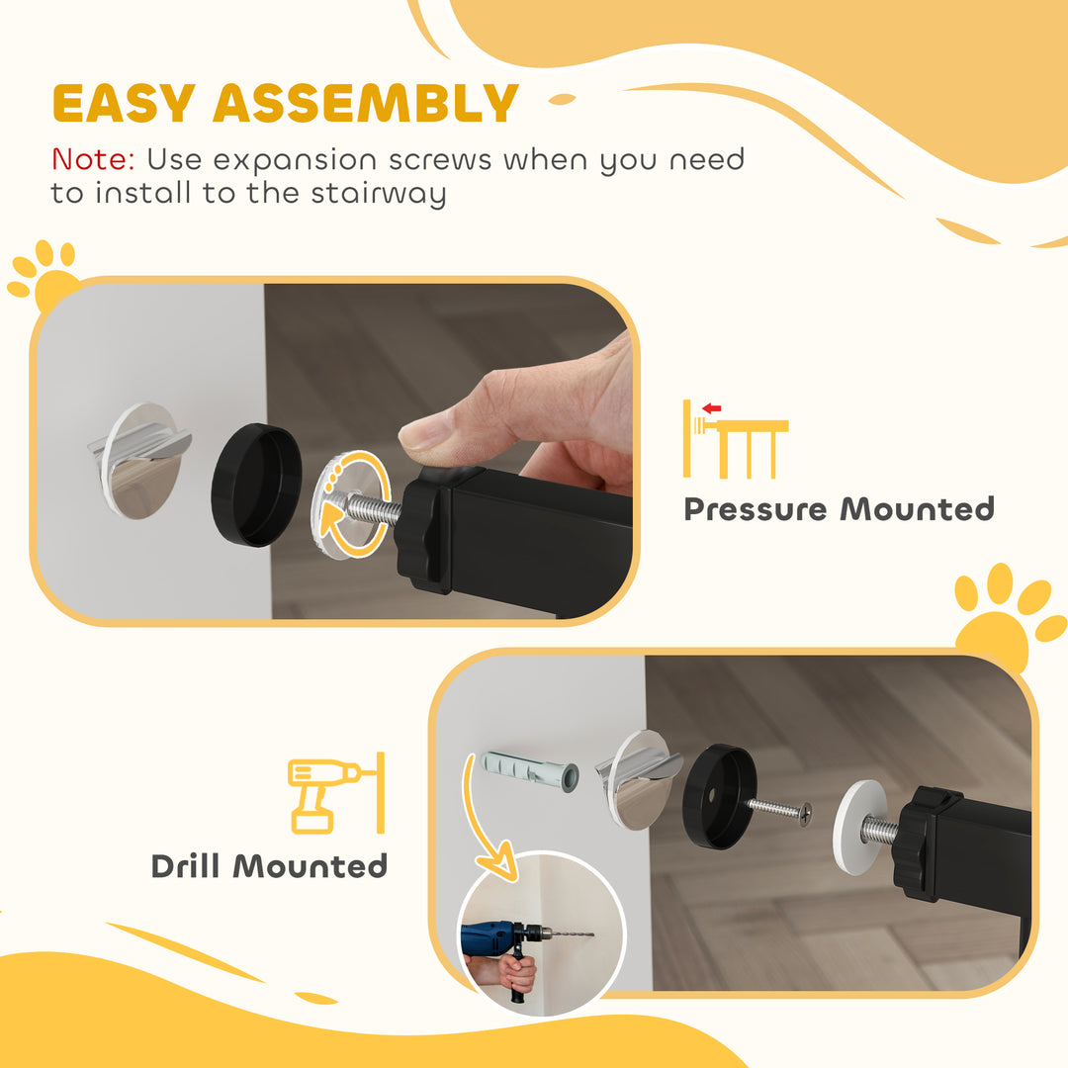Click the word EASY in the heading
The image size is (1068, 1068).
[122, 103]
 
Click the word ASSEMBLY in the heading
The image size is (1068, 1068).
[366, 103]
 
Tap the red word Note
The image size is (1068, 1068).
[93, 159]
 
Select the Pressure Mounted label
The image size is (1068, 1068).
[839, 509]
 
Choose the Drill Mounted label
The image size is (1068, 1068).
[269, 866]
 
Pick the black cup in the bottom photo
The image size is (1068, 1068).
[720, 796]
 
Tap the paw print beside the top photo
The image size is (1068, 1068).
[44, 275]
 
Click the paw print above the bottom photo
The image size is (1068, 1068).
[1007, 613]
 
